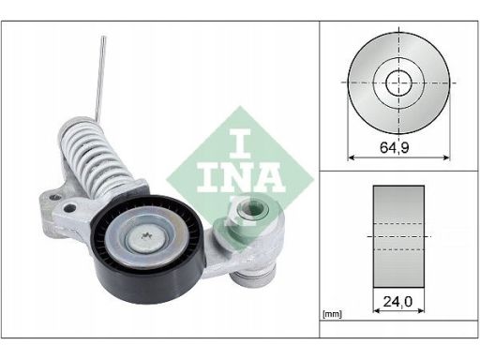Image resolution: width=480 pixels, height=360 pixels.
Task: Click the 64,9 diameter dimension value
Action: coord(395,147)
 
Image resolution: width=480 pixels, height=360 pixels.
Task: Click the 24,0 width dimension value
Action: coord(397,302)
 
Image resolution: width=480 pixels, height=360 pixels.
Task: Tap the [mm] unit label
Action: coord(332,314)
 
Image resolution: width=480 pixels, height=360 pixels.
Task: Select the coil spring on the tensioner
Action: coord(94,157)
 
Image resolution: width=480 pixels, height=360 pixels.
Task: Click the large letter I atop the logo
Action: coord(240,143)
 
